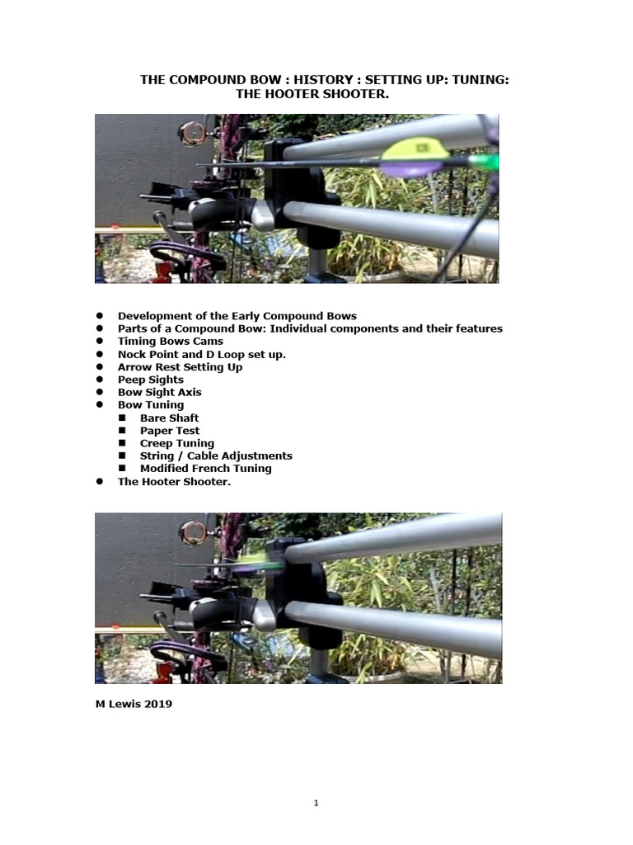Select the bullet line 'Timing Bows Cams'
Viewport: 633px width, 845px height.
coord(170,342)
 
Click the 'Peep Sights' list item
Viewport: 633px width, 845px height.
coord(151,380)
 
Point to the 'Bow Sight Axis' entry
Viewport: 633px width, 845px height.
coord(159,392)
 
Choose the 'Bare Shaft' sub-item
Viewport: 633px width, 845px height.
coord(169,418)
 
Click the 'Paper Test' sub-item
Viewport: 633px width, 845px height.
coord(169,431)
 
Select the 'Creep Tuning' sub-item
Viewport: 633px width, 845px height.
coord(176,443)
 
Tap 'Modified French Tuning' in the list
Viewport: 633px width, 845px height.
coord(205,469)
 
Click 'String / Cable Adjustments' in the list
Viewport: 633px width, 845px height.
coord(216,456)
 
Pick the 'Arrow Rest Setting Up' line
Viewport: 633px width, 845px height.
coord(180,367)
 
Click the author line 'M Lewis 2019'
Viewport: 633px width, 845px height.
coord(134,704)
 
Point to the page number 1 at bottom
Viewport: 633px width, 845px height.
coord(316,804)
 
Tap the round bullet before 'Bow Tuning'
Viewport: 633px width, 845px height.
coord(98,405)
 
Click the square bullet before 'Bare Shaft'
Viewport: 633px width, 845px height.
coord(121,418)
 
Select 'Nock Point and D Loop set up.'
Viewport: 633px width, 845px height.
coord(201,354)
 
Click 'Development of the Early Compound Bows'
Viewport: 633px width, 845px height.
coord(237,316)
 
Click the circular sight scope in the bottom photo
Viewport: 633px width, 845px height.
coord(195,532)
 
